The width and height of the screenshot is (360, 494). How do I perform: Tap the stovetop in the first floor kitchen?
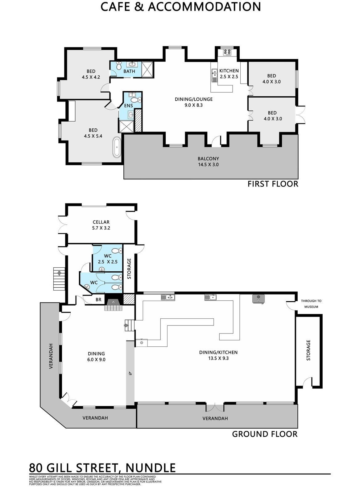coord(227,52)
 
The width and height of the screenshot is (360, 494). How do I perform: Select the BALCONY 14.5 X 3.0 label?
coord(208,161)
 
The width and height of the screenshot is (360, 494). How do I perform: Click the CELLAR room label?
coord(101,222)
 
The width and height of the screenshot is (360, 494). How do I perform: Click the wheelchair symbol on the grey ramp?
coord(130,373)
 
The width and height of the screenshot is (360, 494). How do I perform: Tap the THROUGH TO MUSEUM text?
coord(311,304)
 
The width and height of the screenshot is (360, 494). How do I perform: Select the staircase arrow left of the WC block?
coord(59,273)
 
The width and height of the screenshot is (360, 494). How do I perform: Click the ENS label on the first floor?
coord(128,106)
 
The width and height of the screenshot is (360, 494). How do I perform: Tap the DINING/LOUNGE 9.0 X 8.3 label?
coord(193,102)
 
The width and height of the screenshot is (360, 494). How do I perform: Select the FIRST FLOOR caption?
coord(273,184)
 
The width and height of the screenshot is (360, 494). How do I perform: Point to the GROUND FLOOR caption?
coord(265,434)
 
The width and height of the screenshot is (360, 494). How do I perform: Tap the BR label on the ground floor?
coord(98,299)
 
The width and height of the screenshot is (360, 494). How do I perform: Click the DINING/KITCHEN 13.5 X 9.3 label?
coord(218,355)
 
